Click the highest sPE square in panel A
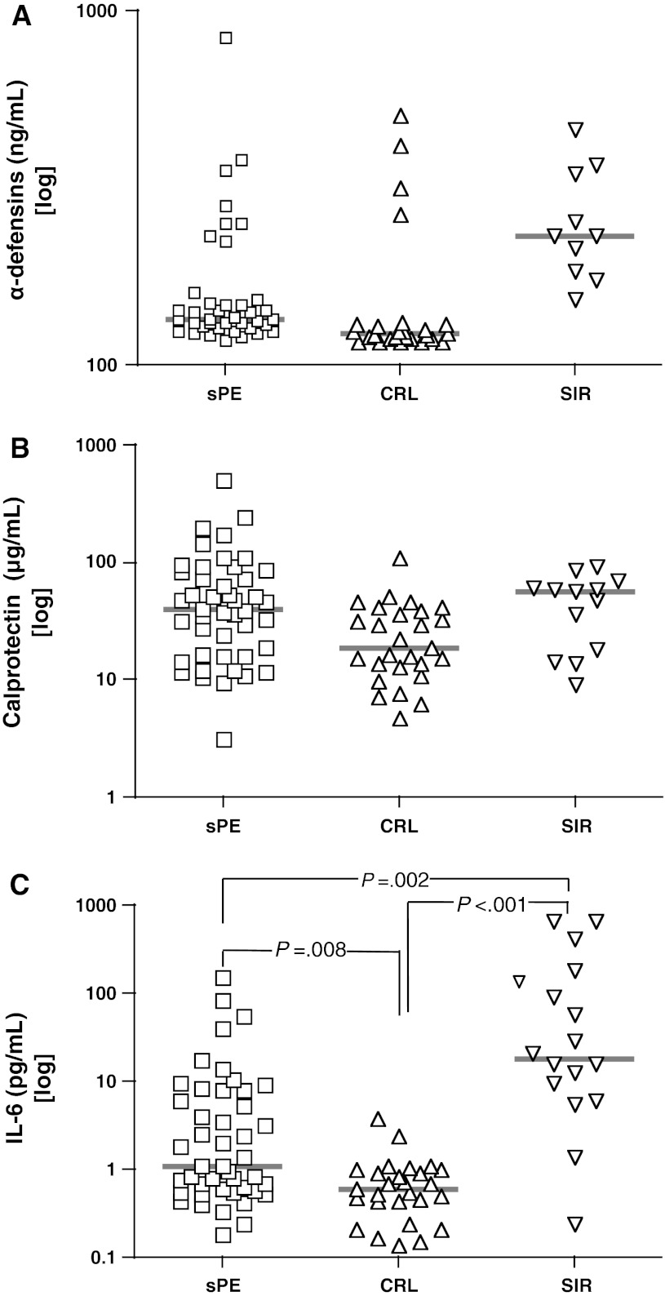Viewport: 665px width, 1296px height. pos(226,38)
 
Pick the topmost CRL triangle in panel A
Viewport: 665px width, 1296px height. pos(401,117)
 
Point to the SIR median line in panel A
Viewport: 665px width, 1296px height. pos(575,236)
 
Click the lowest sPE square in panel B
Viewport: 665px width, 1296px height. pos(224,739)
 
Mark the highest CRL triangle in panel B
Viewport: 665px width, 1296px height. pos(401,559)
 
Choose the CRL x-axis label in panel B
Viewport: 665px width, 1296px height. pos(400,826)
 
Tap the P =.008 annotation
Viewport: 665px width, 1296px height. pos(310,949)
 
